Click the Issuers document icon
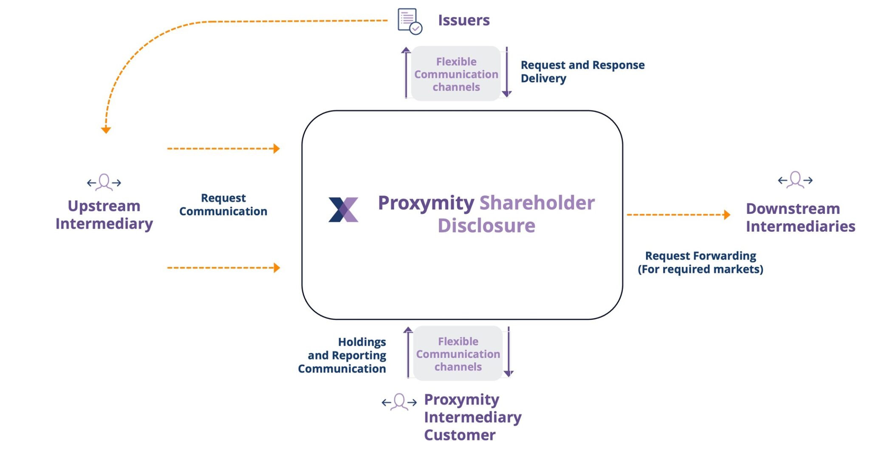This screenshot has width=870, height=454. (409, 21)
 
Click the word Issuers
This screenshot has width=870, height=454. (463, 20)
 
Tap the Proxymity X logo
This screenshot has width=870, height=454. (343, 209)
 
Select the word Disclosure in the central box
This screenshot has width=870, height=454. (486, 226)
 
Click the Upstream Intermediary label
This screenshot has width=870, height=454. (104, 215)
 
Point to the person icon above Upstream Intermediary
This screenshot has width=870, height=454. (104, 182)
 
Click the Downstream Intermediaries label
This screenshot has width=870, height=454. (800, 217)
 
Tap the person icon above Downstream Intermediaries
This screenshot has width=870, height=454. (795, 180)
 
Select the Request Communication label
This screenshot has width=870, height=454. (223, 205)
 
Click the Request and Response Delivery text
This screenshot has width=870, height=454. (582, 71)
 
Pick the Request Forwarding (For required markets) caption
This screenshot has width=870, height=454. (700, 262)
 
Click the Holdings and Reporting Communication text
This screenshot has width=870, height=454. (342, 355)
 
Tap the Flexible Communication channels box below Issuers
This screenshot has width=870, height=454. (456, 74)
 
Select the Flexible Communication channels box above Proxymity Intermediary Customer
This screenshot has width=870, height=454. (458, 353)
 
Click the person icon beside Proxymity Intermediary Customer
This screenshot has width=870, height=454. (399, 401)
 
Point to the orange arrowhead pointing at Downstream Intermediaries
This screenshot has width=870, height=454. (727, 215)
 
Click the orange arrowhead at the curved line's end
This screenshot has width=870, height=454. (106, 130)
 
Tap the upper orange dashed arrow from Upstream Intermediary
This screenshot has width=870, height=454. (223, 149)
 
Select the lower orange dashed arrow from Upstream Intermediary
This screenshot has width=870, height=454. (223, 268)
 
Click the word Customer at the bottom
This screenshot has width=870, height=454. (459, 435)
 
